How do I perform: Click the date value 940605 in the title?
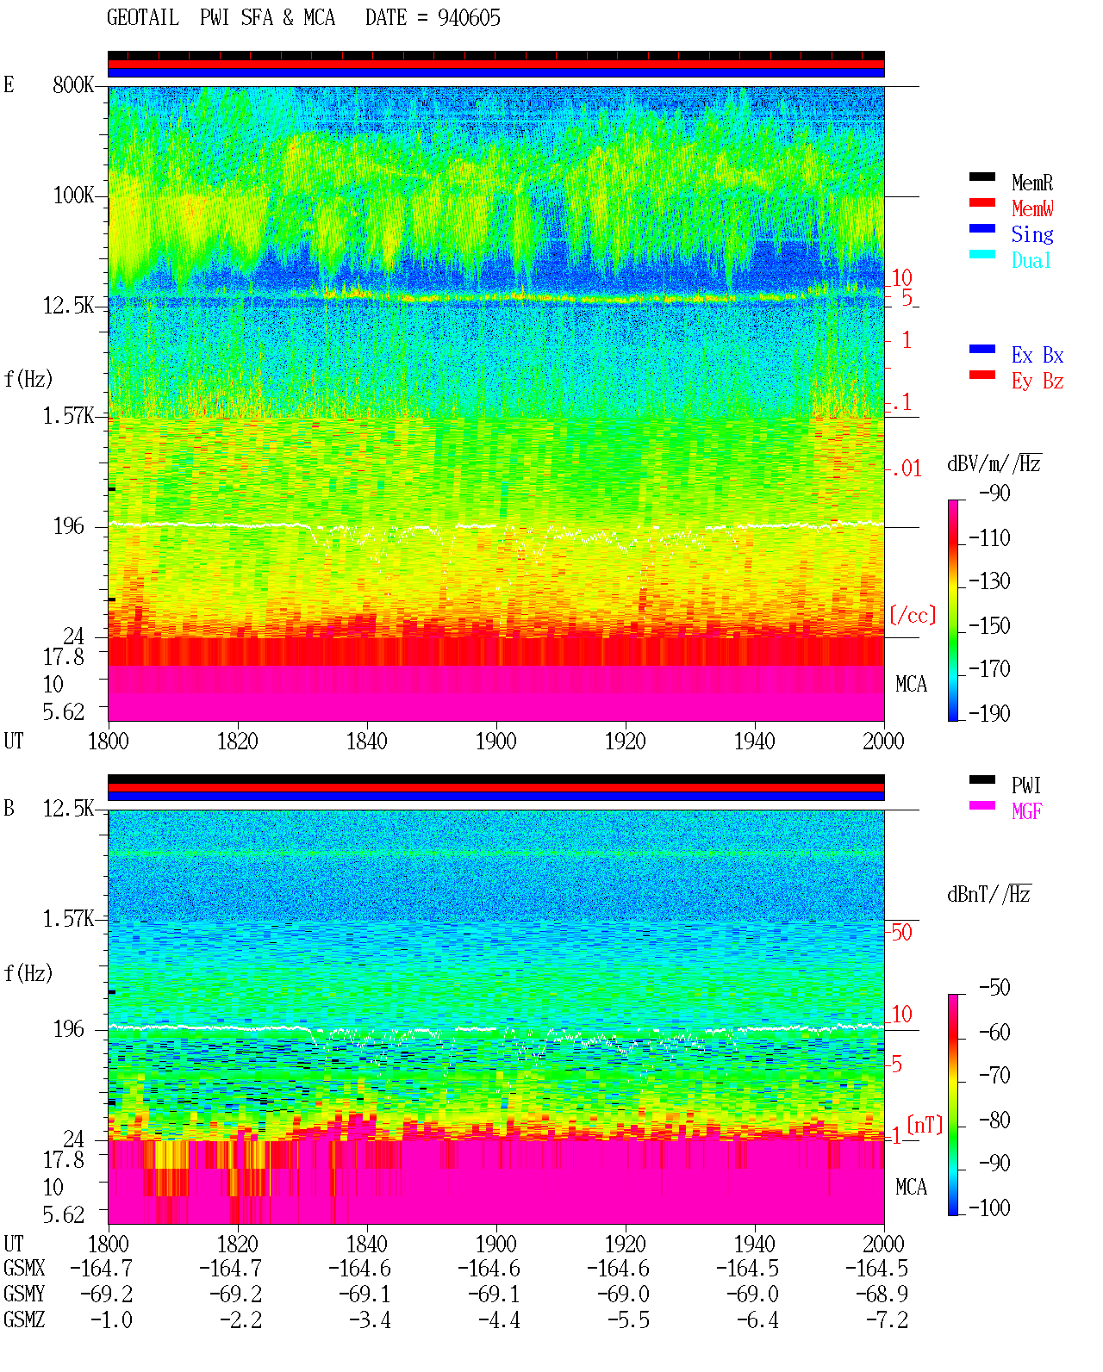(469, 18)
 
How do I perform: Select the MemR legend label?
(1031, 183)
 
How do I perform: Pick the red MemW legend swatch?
(981, 202)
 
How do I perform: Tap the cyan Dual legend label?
(1031, 260)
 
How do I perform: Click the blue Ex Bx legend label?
(1037, 355)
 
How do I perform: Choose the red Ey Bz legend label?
(1037, 382)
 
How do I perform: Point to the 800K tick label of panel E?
(72, 84)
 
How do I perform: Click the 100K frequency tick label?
(72, 196)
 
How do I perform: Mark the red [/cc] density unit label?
(913, 615)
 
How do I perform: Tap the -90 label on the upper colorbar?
(994, 493)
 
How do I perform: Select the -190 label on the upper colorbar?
(989, 713)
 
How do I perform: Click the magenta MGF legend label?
(1026, 811)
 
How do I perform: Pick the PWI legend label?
(1025, 785)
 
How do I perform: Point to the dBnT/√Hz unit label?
(988, 894)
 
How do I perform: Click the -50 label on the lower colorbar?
(994, 988)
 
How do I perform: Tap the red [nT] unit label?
(925, 1124)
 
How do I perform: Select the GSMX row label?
(24, 1268)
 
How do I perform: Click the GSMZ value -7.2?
(887, 1319)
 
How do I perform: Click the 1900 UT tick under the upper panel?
(495, 742)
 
